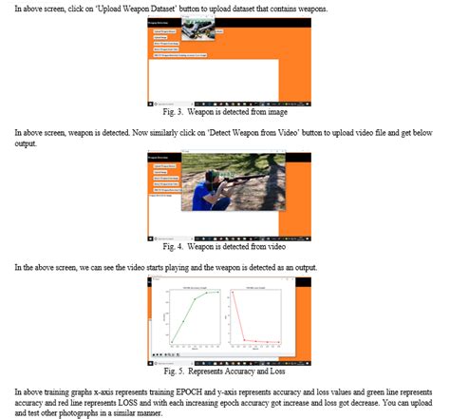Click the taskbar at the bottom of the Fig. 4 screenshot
click(x=225, y=238)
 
